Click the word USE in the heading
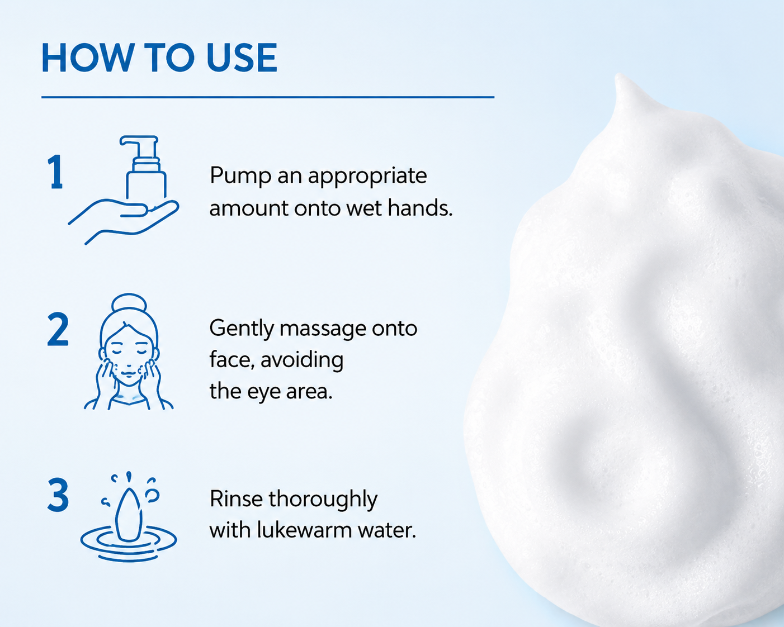242,58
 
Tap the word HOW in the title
87,58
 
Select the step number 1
56,172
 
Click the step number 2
58,329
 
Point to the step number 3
58,495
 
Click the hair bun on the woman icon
129,303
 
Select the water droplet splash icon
129,517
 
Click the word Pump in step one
240,176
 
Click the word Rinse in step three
236,498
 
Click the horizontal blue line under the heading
268,97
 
